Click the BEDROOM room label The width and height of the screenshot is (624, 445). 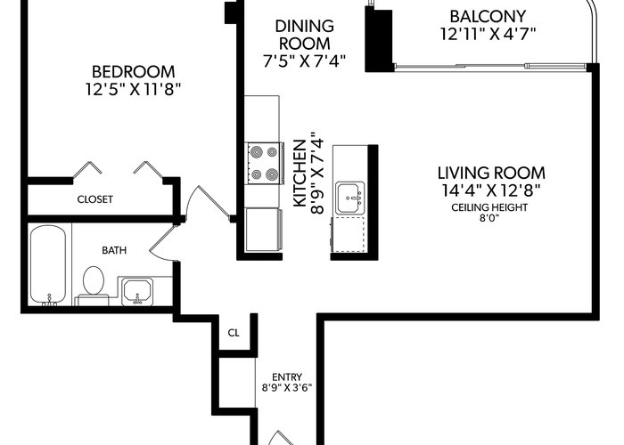pyautogui.click(x=134, y=72)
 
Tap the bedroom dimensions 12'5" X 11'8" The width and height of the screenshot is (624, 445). pyautogui.click(x=134, y=89)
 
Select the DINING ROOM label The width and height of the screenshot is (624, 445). pyautogui.click(x=305, y=35)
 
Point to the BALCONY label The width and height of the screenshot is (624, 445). pyautogui.click(x=488, y=17)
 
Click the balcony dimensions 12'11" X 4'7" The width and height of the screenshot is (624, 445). pyautogui.click(x=488, y=34)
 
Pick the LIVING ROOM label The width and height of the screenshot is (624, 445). pyautogui.click(x=491, y=174)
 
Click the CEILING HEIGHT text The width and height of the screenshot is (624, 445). pyautogui.click(x=489, y=207)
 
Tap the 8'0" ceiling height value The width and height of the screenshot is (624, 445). pyautogui.click(x=489, y=218)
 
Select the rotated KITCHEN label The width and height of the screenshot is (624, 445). pyautogui.click(x=300, y=173)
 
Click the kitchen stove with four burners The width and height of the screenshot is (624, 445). pyautogui.click(x=265, y=163)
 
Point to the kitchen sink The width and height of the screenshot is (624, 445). pyautogui.click(x=349, y=198)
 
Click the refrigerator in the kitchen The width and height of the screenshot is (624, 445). pyautogui.click(x=264, y=230)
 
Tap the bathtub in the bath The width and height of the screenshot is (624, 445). pyautogui.click(x=48, y=265)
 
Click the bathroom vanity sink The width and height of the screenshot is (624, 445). pyautogui.click(x=137, y=292)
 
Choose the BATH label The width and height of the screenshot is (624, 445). pyautogui.click(x=114, y=250)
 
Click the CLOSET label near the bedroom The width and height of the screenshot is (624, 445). pyautogui.click(x=95, y=199)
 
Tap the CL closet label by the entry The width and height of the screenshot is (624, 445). pyautogui.click(x=234, y=333)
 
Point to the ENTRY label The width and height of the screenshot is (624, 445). pyautogui.click(x=287, y=376)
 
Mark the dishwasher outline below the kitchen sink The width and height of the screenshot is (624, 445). pyautogui.click(x=349, y=234)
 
